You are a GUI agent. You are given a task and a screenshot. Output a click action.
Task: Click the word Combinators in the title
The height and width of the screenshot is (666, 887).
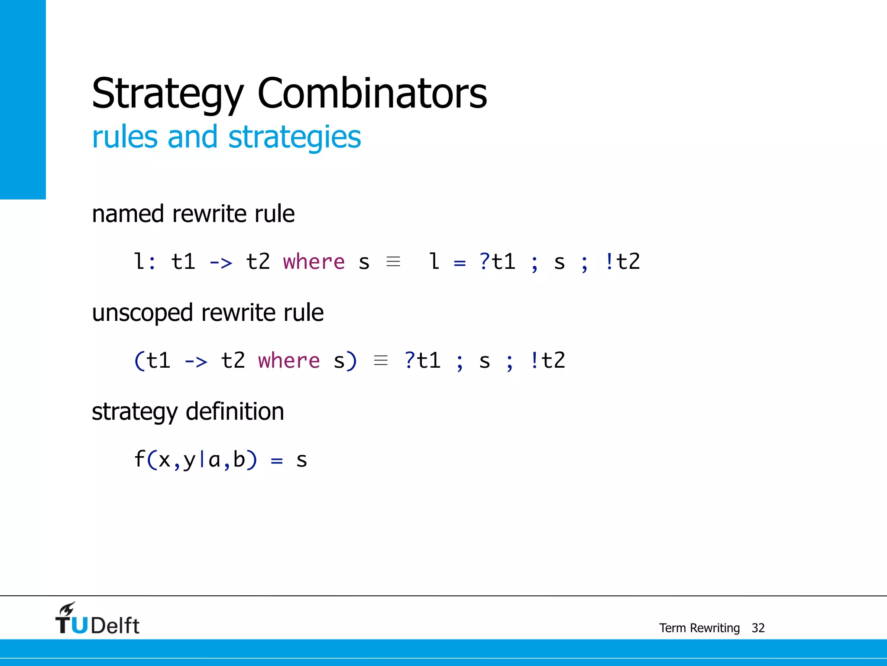coord(372,93)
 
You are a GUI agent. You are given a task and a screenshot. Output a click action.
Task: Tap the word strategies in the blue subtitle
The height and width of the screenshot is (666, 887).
coord(295,137)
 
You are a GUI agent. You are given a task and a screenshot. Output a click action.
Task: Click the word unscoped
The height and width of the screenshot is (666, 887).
coord(142,313)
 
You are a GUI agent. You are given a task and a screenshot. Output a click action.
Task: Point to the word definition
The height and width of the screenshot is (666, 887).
coord(235,411)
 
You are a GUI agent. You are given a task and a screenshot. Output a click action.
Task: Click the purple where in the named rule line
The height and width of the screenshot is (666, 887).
coord(314,262)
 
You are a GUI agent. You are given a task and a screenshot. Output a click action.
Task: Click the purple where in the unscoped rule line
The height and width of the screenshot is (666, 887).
coord(289,361)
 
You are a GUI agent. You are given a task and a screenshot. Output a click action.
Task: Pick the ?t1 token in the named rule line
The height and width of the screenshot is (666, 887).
coord(497,262)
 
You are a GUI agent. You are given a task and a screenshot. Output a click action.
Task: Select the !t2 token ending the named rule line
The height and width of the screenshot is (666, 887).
coord(622,262)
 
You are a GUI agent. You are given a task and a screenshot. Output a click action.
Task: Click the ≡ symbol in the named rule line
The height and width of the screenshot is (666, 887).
coord(393,262)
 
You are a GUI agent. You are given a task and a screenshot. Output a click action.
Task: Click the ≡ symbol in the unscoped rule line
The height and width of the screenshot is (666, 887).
coord(381,360)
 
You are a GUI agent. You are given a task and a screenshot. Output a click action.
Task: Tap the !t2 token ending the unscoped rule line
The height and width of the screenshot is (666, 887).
coord(547,361)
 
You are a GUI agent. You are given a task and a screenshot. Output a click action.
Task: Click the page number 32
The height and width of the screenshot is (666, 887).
coord(758,628)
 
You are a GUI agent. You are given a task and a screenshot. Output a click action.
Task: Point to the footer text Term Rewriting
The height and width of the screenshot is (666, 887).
coord(699,628)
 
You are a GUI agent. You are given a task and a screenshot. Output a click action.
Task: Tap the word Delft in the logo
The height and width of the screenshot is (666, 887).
coord(115,626)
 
